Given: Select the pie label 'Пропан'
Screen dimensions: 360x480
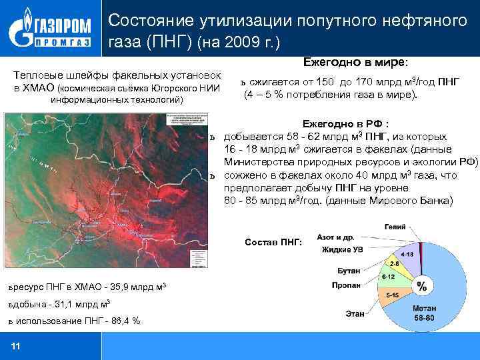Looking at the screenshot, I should [346, 285].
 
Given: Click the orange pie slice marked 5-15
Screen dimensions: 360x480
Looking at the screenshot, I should [393, 295].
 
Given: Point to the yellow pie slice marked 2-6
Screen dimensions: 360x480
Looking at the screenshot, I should [404, 265].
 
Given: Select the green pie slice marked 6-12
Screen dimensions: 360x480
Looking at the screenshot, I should [390, 277].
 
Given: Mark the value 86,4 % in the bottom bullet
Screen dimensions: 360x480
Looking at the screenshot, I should [126, 321].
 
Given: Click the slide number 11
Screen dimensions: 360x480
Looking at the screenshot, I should [16, 345].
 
